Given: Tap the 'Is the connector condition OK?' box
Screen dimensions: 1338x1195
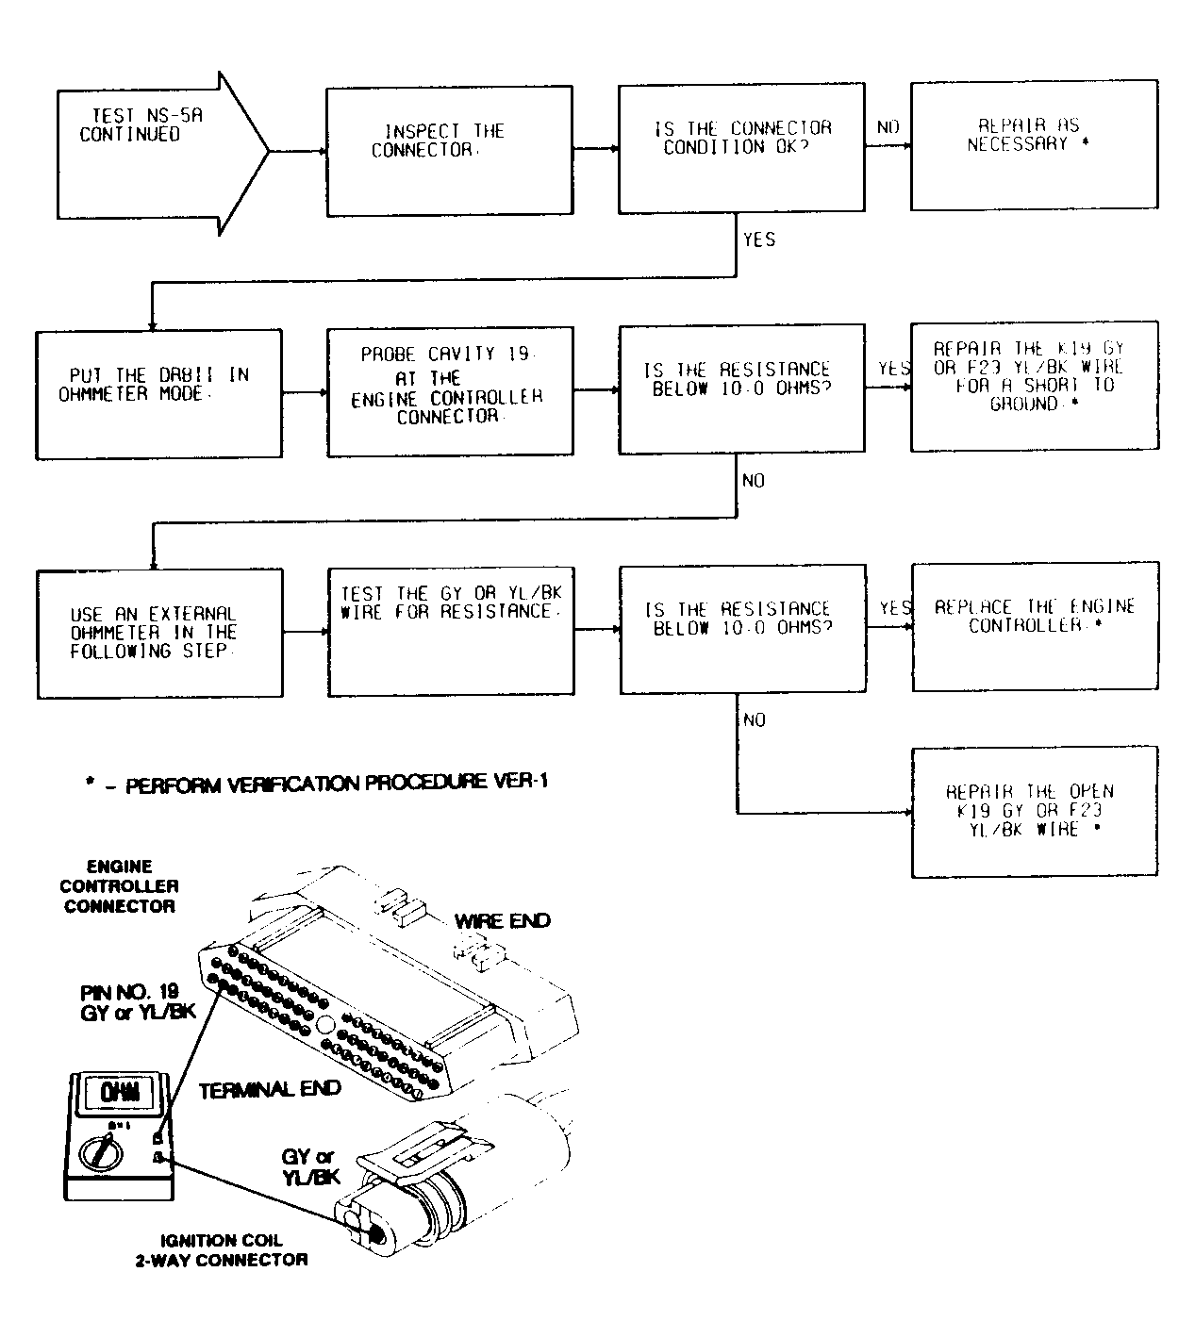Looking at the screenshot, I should (x=741, y=148).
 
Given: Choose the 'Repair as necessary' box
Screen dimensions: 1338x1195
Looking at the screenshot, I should (x=1034, y=144).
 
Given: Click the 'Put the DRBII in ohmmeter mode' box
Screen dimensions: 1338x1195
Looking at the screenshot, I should (x=159, y=393).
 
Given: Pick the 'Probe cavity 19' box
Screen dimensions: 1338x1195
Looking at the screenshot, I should (x=450, y=392).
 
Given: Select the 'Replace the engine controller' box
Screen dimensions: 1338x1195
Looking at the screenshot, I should (x=1035, y=627).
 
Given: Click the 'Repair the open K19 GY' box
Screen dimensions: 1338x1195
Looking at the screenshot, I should (x=1035, y=812).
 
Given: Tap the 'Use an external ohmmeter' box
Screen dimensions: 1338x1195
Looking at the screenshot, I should (x=159, y=634).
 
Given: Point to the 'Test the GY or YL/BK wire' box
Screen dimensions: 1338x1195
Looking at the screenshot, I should (x=450, y=630).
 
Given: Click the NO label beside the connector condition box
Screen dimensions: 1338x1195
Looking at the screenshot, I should (x=888, y=127).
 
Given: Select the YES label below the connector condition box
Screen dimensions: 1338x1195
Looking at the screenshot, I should (x=758, y=240).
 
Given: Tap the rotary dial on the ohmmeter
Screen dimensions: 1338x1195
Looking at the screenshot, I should (x=97, y=1151).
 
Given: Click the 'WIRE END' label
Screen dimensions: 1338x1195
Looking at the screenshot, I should (x=503, y=921).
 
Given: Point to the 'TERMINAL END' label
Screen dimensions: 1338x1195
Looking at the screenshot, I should (x=270, y=1090).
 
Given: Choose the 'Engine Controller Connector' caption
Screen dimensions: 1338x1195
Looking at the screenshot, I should (x=118, y=886).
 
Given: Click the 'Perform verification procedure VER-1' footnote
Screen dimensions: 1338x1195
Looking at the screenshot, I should (x=316, y=784).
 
